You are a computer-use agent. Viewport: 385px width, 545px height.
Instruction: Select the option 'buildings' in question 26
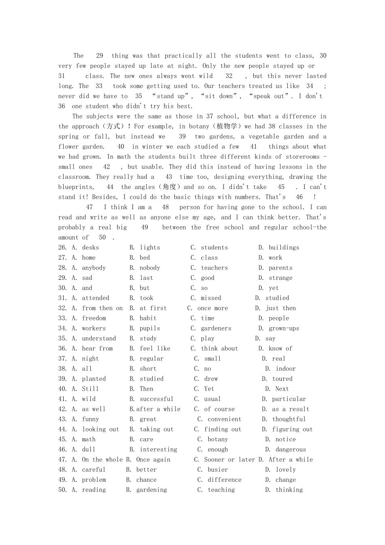[x=284, y=247]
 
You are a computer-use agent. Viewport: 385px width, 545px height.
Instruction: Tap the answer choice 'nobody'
[x=150, y=268]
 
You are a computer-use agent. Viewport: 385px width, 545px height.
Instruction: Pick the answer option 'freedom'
[x=94, y=318]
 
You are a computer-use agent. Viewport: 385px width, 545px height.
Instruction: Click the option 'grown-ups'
[x=284, y=328]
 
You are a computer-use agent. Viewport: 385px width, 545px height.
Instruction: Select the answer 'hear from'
[x=97, y=348]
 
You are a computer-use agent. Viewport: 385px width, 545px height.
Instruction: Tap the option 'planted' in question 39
[x=94, y=379]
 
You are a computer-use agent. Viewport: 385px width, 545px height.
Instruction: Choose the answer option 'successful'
[x=156, y=399]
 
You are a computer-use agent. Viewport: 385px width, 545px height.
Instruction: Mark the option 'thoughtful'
[x=289, y=419]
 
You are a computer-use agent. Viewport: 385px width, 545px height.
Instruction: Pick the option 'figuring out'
[x=292, y=429]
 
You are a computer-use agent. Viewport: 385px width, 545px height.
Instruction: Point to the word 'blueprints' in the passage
[x=75, y=187]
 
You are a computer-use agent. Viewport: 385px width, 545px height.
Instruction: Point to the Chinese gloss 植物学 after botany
[x=227, y=127]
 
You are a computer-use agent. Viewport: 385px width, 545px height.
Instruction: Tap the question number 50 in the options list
[x=62, y=490]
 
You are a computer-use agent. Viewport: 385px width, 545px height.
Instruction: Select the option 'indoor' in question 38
[x=286, y=369]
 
